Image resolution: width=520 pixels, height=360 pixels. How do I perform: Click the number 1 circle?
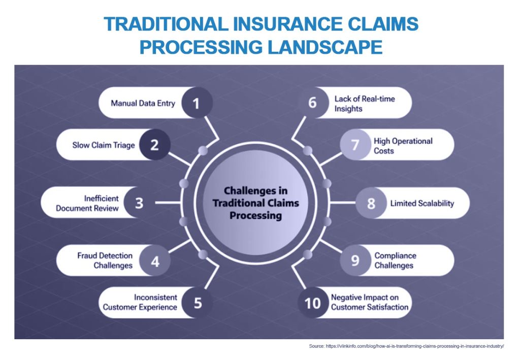[x=197, y=103]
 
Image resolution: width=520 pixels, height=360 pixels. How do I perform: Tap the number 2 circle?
[x=154, y=145]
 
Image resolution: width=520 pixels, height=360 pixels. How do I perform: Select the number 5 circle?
[x=198, y=303]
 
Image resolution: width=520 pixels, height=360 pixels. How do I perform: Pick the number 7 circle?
[x=355, y=145]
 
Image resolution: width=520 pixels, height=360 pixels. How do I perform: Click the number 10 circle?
[x=313, y=303]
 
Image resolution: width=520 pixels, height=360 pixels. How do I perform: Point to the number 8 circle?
[x=371, y=203]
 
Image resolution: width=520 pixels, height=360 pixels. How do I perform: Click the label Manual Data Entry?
[x=143, y=103]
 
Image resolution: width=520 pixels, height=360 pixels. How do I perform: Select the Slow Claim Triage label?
[x=104, y=145]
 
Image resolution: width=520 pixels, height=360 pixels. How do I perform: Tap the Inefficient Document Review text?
[x=87, y=203]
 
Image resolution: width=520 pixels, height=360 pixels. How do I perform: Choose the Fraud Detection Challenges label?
[x=105, y=260]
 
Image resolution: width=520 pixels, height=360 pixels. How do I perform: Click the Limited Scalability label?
[x=422, y=203]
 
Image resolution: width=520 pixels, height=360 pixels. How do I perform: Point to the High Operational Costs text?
[x=403, y=146]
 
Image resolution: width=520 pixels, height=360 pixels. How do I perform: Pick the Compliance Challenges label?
[x=395, y=260]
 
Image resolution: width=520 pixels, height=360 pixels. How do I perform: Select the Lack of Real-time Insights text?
[x=365, y=104]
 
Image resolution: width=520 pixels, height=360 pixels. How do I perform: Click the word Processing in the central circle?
[x=256, y=215]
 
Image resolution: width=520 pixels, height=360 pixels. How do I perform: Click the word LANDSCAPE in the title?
[x=325, y=47]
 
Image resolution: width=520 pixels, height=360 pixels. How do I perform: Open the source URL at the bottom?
[x=414, y=346]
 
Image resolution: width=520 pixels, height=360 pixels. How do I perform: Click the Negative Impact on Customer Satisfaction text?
[x=370, y=302]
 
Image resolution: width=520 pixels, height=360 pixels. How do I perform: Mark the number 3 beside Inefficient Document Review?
[x=139, y=203]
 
